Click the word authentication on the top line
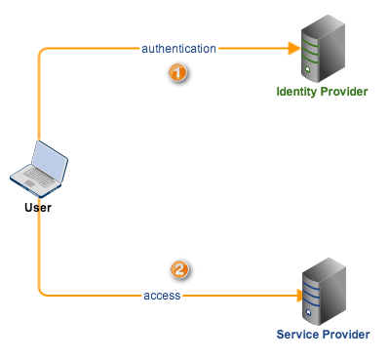pyautogui.click(x=178, y=47)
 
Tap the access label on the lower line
pyautogui.click(x=162, y=295)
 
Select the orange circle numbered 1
pyautogui.click(x=177, y=73)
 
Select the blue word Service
pyautogui.click(x=298, y=335)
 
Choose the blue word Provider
pyautogui.click(x=345, y=335)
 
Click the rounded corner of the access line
pyautogui.click(x=42, y=291)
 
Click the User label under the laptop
pyautogui.click(x=38, y=207)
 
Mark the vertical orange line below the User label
pyautogui.click(x=39, y=249)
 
